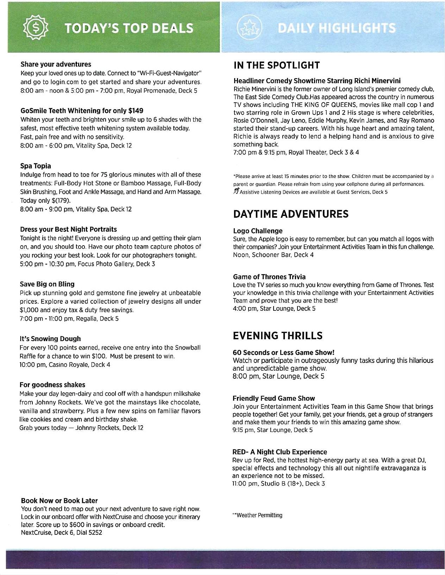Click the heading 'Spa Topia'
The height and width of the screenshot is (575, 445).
pyautogui.click(x=36, y=166)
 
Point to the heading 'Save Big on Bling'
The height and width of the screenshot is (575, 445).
pyautogui.click(x=47, y=284)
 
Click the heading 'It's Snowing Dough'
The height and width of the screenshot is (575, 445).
pyautogui.click(x=50, y=339)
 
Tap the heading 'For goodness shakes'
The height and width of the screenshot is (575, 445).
pyautogui.click(x=52, y=385)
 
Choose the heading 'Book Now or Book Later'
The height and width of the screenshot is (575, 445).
pyautogui.click(x=59, y=501)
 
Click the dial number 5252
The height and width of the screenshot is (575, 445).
pyautogui.click(x=95, y=533)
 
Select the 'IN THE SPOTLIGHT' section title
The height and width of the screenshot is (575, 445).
pyautogui.click(x=276, y=65)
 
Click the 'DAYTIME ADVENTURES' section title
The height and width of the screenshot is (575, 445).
pyautogui.click(x=291, y=214)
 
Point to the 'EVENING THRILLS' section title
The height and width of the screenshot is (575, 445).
pyautogui.click(x=277, y=336)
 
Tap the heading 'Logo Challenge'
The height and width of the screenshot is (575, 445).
pyautogui.click(x=258, y=231)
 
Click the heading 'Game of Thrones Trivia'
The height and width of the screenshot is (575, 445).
pyautogui.click(x=269, y=277)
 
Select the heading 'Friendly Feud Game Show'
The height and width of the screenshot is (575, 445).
pyautogui.click(x=274, y=398)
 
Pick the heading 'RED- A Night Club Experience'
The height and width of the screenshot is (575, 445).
pyautogui.click(x=280, y=452)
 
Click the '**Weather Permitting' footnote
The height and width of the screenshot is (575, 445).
pyautogui.click(x=257, y=515)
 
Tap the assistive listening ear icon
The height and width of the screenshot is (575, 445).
pyautogui.click(x=236, y=192)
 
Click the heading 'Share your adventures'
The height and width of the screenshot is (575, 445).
pyautogui.click(x=56, y=64)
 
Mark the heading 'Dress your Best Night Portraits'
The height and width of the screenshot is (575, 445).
pyautogui.click(x=68, y=229)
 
